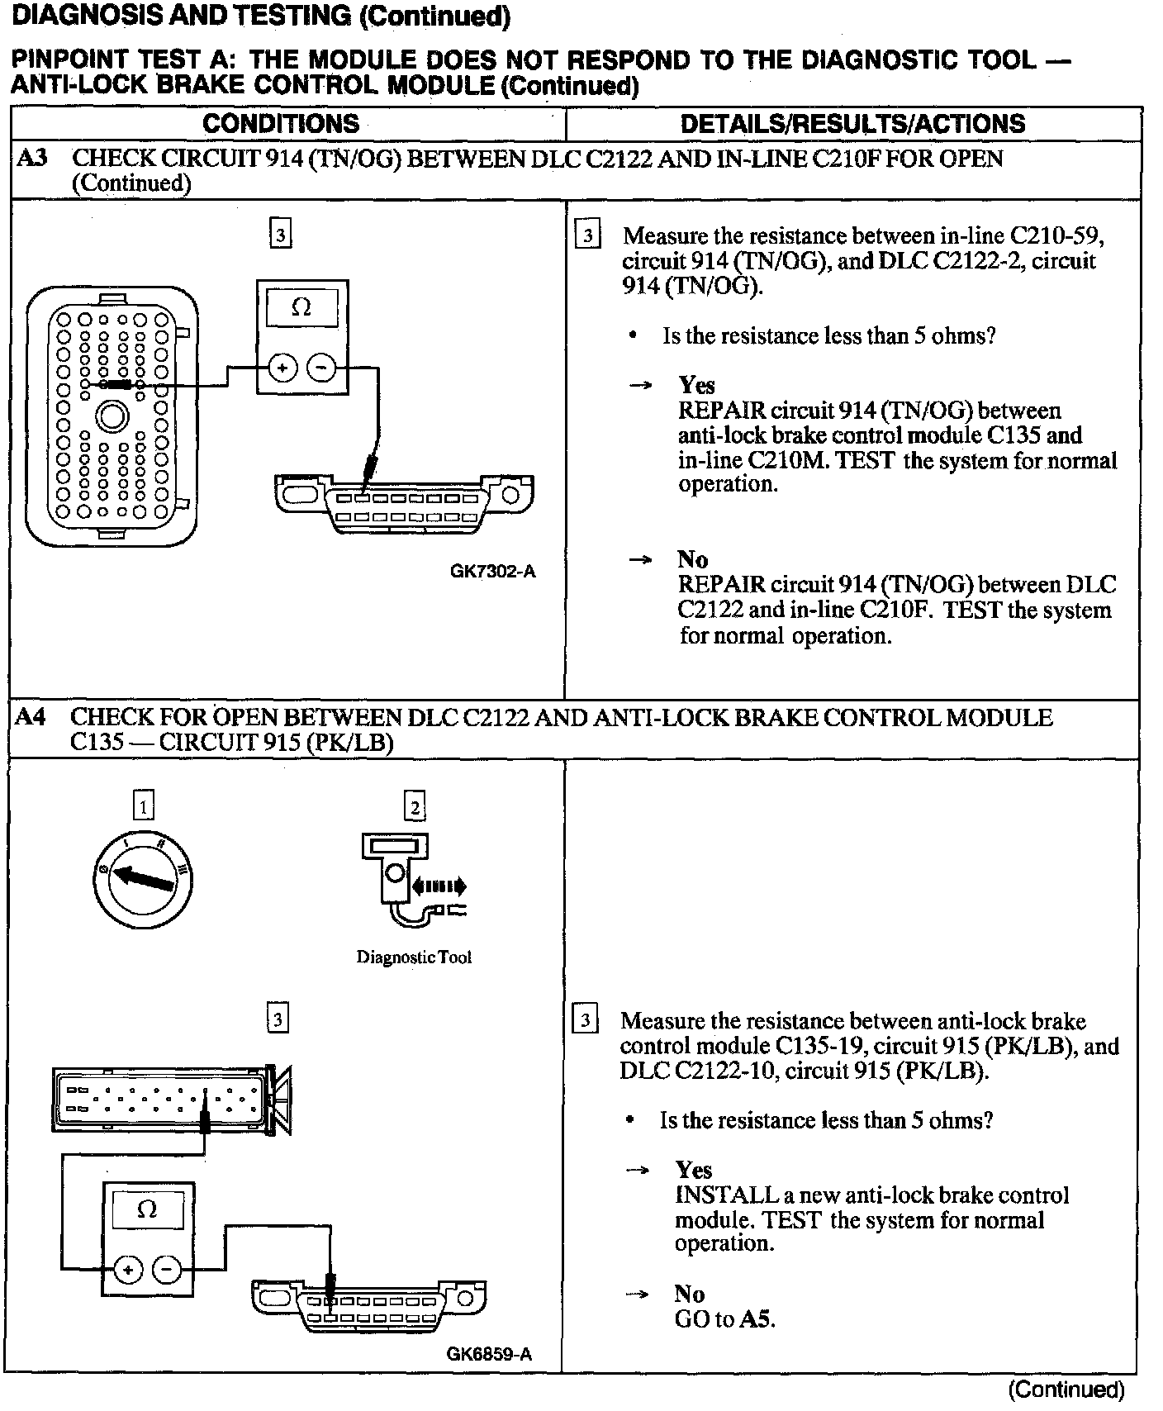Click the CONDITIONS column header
tap(281, 124)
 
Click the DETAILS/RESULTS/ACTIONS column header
tap(852, 124)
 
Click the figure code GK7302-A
tap(493, 571)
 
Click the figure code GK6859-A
tap(489, 1354)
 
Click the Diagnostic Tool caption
tap(414, 957)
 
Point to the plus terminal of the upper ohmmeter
tap(282, 368)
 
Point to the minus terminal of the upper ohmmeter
tap(322, 368)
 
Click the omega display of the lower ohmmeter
tap(147, 1210)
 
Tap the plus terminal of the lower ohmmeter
tap(128, 1270)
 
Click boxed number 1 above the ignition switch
tap(143, 805)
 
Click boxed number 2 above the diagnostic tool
tap(415, 805)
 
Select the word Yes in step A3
tap(696, 385)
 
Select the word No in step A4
tap(690, 1294)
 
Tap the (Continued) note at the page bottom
tap(1066, 1390)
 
